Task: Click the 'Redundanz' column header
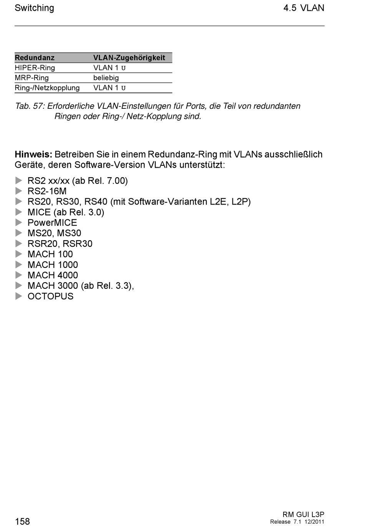[x=35, y=58]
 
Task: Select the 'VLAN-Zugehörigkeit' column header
[x=129, y=58]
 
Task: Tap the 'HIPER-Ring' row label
[x=35, y=68]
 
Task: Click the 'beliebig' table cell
[x=106, y=78]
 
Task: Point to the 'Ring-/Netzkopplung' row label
[x=47, y=88]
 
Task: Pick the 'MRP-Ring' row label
[x=32, y=78]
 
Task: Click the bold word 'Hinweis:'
[x=33, y=155]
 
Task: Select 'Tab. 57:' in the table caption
[x=30, y=106]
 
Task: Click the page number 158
[x=22, y=521]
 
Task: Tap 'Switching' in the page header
[x=34, y=8]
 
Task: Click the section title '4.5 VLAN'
[x=304, y=8]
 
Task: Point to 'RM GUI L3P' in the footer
[x=303, y=514]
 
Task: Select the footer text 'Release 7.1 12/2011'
[x=297, y=522]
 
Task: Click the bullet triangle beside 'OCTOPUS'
[x=19, y=296]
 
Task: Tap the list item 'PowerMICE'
[x=52, y=223]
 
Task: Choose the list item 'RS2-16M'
[x=47, y=191]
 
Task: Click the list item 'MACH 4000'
[x=53, y=275]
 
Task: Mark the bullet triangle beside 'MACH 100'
[x=19, y=254]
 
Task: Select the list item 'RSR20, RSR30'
[x=60, y=244]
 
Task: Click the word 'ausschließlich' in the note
[x=293, y=155]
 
